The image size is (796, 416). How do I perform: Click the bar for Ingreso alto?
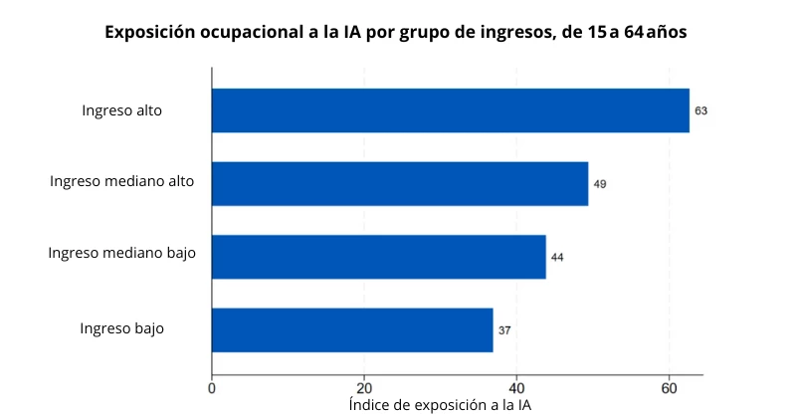click(x=450, y=110)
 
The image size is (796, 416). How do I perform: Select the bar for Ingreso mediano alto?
click(x=399, y=183)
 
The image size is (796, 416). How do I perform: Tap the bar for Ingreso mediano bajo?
click(x=378, y=257)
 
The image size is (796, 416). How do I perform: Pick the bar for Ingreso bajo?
click(x=352, y=329)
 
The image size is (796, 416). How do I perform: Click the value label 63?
click(x=701, y=110)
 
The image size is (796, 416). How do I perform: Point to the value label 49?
click(x=600, y=184)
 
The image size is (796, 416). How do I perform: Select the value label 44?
click(x=557, y=257)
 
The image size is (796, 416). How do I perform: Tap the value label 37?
click(x=504, y=330)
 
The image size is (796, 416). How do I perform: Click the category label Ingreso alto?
click(x=121, y=110)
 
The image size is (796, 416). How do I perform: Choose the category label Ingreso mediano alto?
click(x=121, y=181)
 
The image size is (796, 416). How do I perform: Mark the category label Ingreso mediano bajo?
click(x=121, y=253)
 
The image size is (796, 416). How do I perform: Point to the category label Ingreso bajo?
click(x=121, y=327)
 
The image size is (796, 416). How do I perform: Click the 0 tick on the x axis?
click(x=212, y=387)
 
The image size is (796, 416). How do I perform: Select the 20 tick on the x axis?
click(x=364, y=387)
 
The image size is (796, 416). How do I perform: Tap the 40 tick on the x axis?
click(x=516, y=387)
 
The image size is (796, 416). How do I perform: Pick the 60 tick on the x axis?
click(x=669, y=387)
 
